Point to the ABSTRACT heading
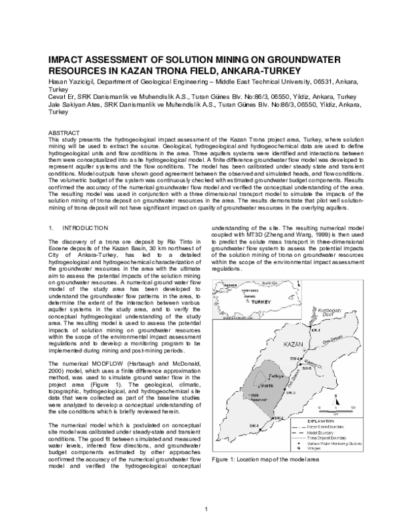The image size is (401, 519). tap(68, 134)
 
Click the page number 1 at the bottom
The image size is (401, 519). tap(207, 509)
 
